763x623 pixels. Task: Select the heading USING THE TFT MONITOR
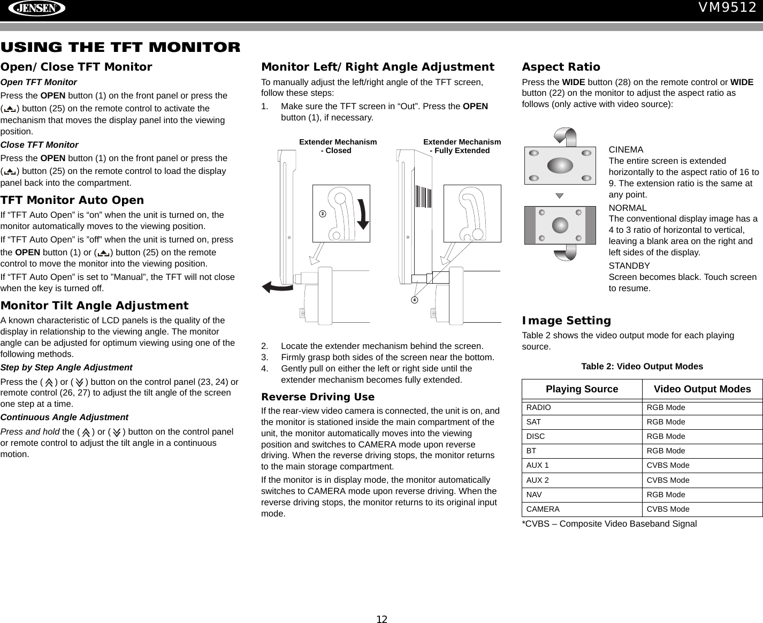pyautogui.click(x=120, y=47)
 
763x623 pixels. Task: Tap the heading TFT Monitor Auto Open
pyautogui.click(x=72, y=200)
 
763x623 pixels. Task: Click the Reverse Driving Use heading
pyautogui.click(x=318, y=397)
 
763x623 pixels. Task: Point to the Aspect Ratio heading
pyautogui.click(x=561, y=67)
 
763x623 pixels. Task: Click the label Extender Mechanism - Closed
pyautogui.click(x=337, y=146)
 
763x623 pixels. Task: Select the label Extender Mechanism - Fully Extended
pyautogui.click(x=461, y=146)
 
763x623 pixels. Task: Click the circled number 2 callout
pyautogui.click(x=322, y=214)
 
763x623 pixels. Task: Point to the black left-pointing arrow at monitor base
pyautogui.click(x=276, y=287)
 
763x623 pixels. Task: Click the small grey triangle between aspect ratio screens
pyautogui.click(x=559, y=196)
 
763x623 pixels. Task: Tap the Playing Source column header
pyautogui.click(x=582, y=389)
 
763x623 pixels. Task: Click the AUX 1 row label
pyautogui.click(x=538, y=466)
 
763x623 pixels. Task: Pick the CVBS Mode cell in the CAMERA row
pyautogui.click(x=668, y=509)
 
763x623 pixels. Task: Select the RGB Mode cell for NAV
pyautogui.click(x=666, y=495)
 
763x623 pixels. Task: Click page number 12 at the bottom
pyautogui.click(x=381, y=619)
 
